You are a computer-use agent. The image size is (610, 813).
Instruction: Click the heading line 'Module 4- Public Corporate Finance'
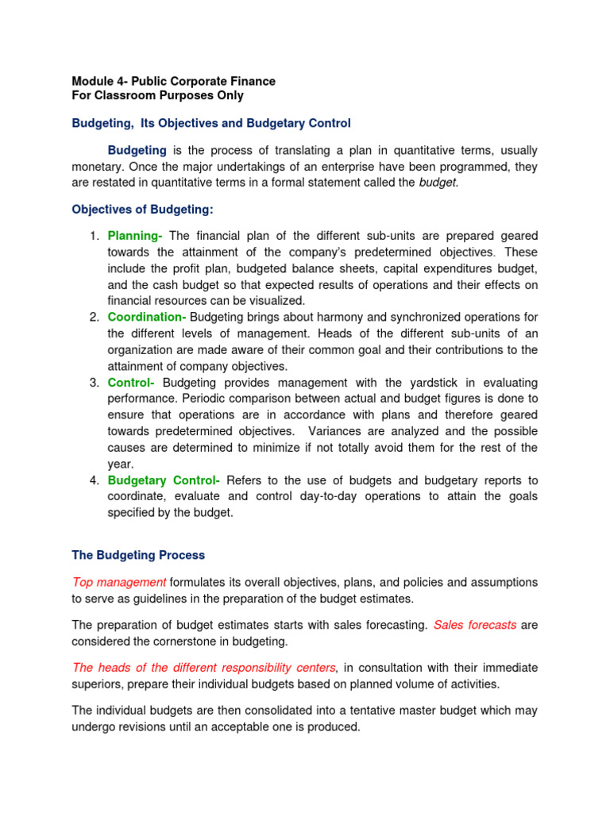173,81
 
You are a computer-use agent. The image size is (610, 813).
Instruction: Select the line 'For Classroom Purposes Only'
157,96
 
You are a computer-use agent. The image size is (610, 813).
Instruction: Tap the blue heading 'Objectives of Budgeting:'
142,210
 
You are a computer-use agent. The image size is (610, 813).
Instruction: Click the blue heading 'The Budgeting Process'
138,555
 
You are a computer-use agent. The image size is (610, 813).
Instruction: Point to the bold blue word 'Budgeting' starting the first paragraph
137,150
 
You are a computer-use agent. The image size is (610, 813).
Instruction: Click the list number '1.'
94,236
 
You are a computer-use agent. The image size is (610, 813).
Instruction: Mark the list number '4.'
94,480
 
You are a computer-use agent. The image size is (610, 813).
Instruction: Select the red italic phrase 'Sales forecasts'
475,625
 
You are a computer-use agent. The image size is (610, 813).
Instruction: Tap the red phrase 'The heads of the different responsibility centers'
204,667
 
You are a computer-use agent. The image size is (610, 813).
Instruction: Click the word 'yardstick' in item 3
437,383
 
